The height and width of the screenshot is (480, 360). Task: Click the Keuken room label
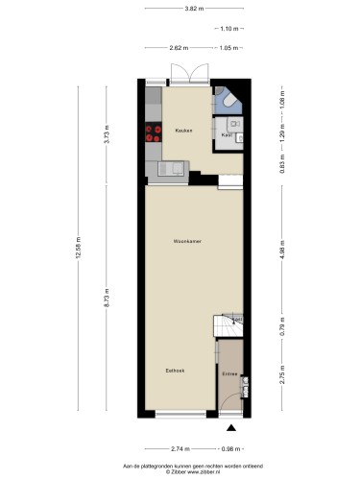182,130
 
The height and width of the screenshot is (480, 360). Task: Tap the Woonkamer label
186,241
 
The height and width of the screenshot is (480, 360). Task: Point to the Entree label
229,372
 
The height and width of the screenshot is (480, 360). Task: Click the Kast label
227,135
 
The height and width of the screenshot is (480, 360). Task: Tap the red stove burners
152,135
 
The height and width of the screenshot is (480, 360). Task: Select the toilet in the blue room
228,99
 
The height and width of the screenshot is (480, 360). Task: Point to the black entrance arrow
230,428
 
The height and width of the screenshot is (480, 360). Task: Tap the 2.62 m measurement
178,47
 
